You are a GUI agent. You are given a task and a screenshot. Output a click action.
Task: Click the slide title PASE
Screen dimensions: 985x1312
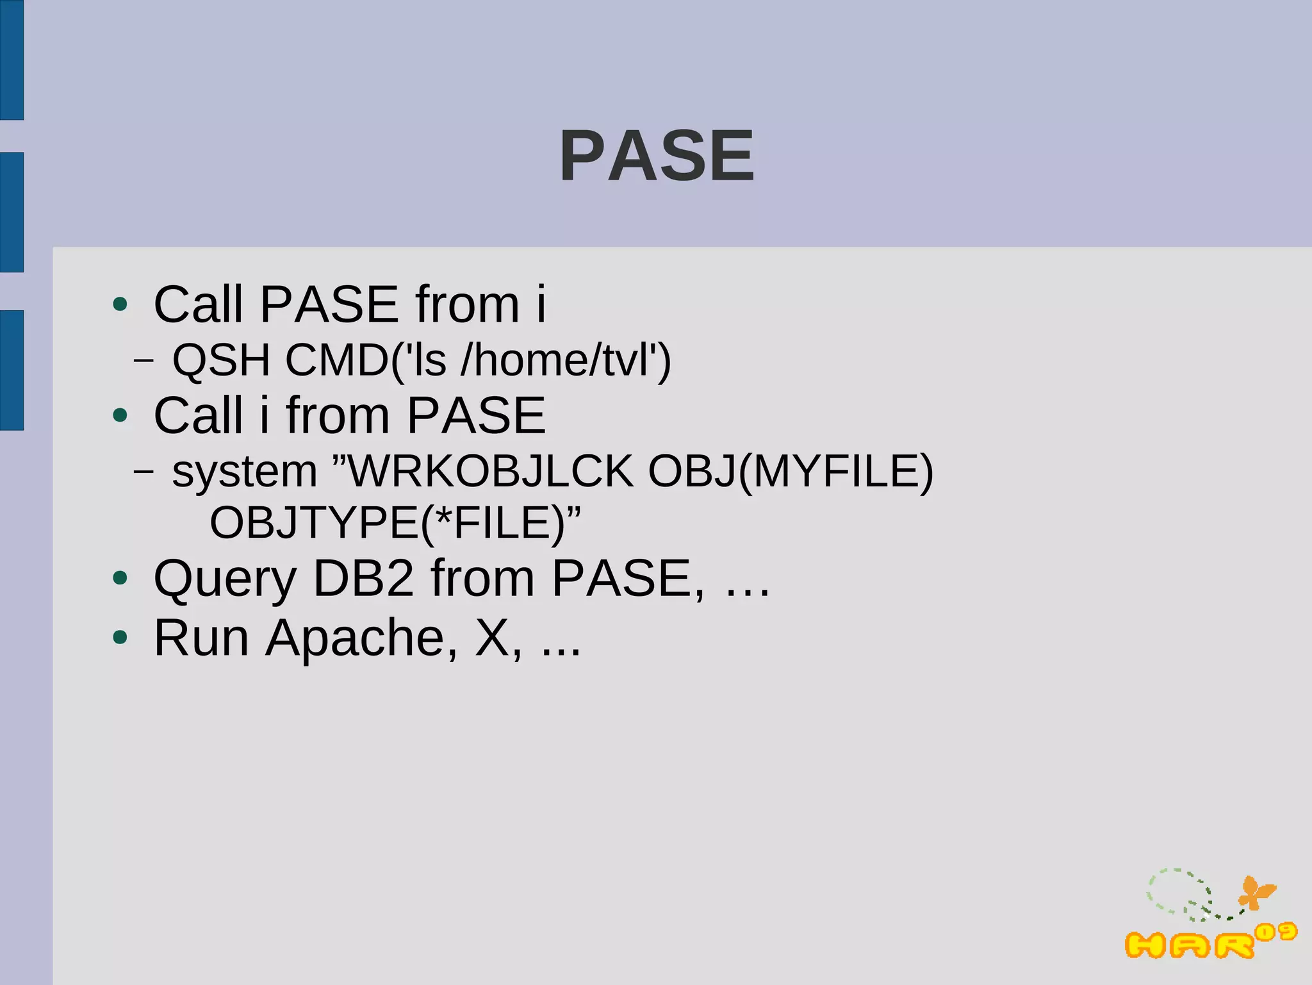point(657,156)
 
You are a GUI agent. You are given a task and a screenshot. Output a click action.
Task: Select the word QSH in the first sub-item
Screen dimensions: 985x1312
point(221,360)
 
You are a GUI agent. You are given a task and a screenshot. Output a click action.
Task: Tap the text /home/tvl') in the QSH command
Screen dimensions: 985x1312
point(566,360)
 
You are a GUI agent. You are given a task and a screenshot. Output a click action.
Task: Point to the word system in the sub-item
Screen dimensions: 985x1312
point(245,472)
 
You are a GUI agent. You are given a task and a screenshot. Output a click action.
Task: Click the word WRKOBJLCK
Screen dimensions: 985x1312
point(490,472)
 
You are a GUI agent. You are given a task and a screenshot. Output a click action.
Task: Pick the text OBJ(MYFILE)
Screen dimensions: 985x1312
point(791,472)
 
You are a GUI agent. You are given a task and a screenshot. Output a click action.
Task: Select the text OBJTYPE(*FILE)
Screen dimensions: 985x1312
point(388,523)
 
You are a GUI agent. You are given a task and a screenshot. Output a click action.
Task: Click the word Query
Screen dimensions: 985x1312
point(225,579)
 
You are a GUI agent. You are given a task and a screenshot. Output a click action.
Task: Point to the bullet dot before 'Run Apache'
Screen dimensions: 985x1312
point(120,638)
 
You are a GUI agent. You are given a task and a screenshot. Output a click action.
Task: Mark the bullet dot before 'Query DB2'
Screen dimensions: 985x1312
point(120,578)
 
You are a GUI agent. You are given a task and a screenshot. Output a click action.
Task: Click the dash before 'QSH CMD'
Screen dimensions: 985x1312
point(143,361)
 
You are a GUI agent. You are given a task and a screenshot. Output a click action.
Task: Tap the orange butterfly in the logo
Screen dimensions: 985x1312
point(1256,893)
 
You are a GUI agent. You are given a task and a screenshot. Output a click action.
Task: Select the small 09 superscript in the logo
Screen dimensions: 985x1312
point(1275,932)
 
